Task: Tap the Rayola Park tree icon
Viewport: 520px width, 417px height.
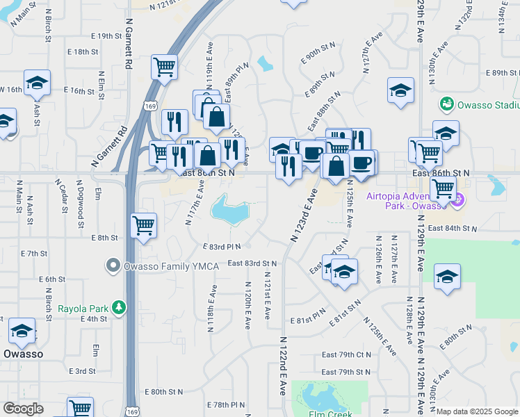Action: (120, 306)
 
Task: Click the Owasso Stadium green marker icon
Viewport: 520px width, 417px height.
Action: (446, 105)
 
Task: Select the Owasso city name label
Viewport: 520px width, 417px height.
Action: (24, 353)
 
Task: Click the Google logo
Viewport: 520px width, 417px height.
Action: (23, 409)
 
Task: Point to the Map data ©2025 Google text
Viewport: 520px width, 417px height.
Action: (476, 411)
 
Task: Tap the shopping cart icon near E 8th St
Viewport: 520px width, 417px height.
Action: (143, 224)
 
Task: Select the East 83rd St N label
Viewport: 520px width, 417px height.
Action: (252, 263)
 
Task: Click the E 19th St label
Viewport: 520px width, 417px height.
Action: (106, 35)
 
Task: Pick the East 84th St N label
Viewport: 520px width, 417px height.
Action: (453, 228)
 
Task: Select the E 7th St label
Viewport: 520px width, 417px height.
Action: (33, 254)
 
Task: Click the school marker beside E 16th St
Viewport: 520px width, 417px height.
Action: (36, 83)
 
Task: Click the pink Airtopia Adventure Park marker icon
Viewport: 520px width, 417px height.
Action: (456, 202)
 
